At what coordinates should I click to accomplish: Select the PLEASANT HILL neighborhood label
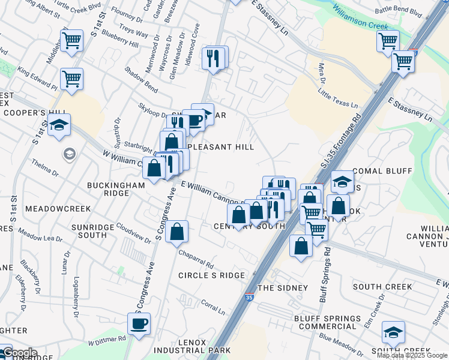tap(220, 147)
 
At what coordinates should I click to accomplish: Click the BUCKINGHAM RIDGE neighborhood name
tap(116, 190)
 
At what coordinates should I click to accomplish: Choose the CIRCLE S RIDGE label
tap(211, 275)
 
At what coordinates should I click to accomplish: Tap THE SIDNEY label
tap(283, 288)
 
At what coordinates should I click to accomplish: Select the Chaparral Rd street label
tap(196, 259)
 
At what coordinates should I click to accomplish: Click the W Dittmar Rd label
tap(107, 341)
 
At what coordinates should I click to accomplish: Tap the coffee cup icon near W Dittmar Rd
tap(139, 324)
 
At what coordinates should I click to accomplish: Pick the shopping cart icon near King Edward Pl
tap(71, 79)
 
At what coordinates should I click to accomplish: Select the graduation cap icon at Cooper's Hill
tap(59, 125)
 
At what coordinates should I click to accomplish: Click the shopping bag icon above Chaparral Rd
tap(176, 232)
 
